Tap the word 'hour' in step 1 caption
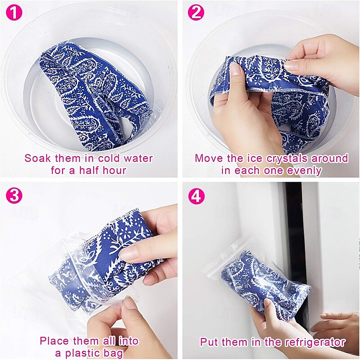pos(114,171)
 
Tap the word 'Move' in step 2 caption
pos(207,158)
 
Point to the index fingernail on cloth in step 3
pos(129,254)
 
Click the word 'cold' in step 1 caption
pos(108,158)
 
